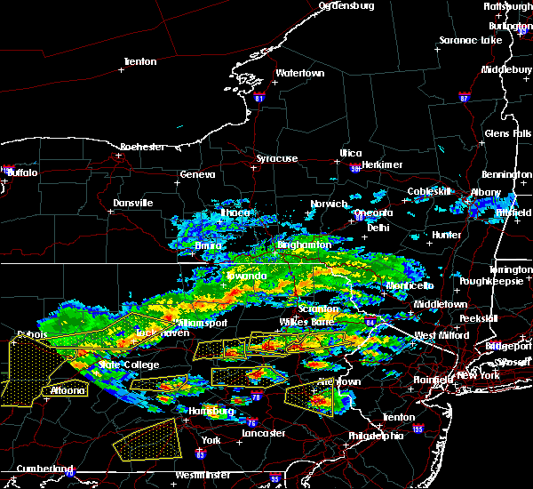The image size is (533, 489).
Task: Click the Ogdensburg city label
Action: point(346,5)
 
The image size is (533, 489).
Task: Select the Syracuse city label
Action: point(277,158)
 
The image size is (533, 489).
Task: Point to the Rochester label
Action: point(144,146)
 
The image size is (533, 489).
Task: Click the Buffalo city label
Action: point(23,172)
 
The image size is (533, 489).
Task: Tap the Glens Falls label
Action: point(508,133)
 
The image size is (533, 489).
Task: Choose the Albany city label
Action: point(487,192)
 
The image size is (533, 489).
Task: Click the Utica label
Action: point(351,153)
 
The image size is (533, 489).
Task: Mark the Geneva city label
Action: point(196,175)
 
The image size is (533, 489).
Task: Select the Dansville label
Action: point(133,203)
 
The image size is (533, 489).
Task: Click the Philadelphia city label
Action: point(375,436)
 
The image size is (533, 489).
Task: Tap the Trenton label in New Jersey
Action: point(396,417)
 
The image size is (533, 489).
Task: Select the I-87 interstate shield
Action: point(465,96)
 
